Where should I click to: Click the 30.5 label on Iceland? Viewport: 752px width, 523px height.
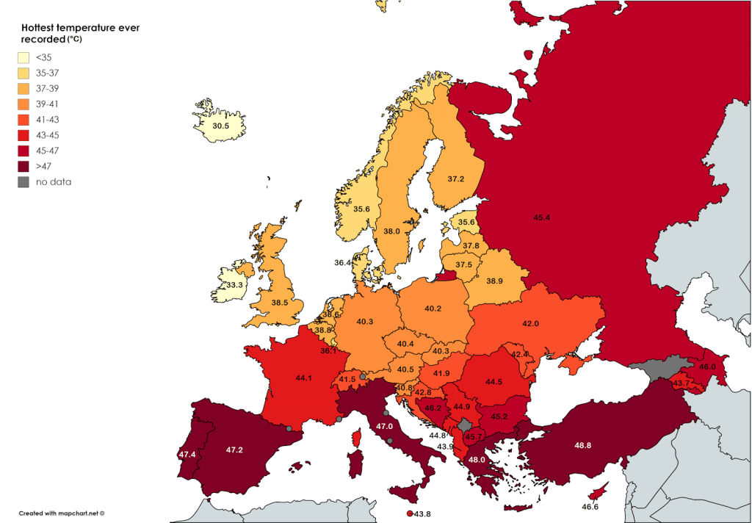coord(220,126)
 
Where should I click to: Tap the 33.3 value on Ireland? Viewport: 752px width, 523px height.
coord(234,284)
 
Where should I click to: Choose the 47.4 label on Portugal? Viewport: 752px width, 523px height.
coord(187,455)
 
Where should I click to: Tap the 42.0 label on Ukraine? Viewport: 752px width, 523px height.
coord(530,323)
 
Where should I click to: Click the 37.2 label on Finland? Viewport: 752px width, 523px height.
coord(456,179)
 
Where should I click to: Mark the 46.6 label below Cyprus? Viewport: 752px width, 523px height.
coord(590,507)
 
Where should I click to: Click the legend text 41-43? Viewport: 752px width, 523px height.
coord(48,119)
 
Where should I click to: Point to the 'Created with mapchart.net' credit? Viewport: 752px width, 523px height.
coord(62,513)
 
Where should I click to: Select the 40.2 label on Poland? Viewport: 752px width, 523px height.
coord(433,309)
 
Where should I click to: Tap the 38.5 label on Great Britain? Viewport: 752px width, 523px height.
coord(279,302)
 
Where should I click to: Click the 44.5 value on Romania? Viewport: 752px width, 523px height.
coord(493,381)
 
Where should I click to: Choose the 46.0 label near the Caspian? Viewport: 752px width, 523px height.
coord(707,367)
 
